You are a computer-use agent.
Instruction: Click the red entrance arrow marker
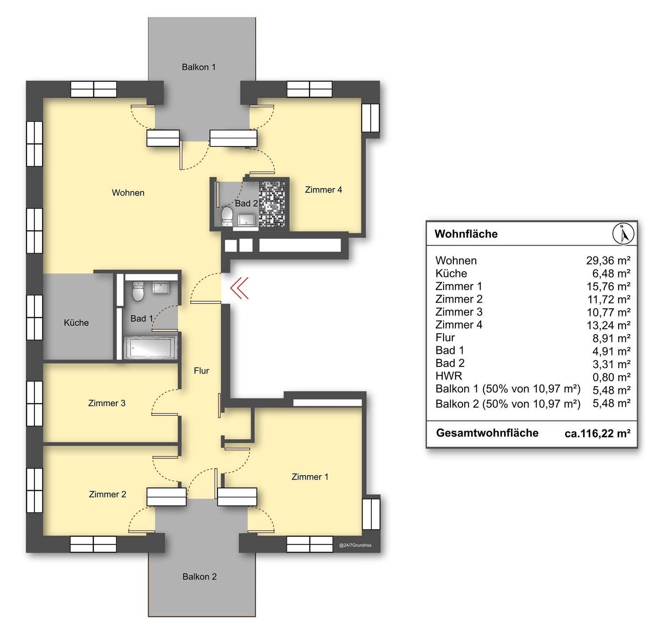(x=239, y=288)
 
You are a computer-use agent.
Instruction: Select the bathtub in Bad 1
(x=150, y=347)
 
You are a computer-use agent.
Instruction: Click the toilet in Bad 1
(x=138, y=291)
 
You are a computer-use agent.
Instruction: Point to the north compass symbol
(x=623, y=234)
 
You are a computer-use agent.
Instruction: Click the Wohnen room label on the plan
(x=128, y=193)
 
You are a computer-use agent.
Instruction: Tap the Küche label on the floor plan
(x=77, y=322)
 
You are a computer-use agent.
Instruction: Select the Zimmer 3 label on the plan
(x=107, y=403)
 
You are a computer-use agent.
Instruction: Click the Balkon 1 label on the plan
(x=199, y=67)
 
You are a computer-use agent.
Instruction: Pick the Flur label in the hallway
(x=201, y=371)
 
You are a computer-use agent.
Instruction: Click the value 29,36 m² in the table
(x=608, y=261)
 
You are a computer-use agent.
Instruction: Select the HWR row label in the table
(x=449, y=376)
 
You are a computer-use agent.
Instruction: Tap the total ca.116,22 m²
(x=597, y=434)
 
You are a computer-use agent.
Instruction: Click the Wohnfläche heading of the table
(x=466, y=234)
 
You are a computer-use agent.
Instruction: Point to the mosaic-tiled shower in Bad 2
(x=272, y=204)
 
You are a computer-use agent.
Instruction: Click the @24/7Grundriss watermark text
(x=355, y=545)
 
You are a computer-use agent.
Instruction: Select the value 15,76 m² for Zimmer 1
(x=608, y=286)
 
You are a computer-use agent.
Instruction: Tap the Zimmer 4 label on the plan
(x=323, y=190)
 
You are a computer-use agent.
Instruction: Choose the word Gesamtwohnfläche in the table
(x=487, y=433)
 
